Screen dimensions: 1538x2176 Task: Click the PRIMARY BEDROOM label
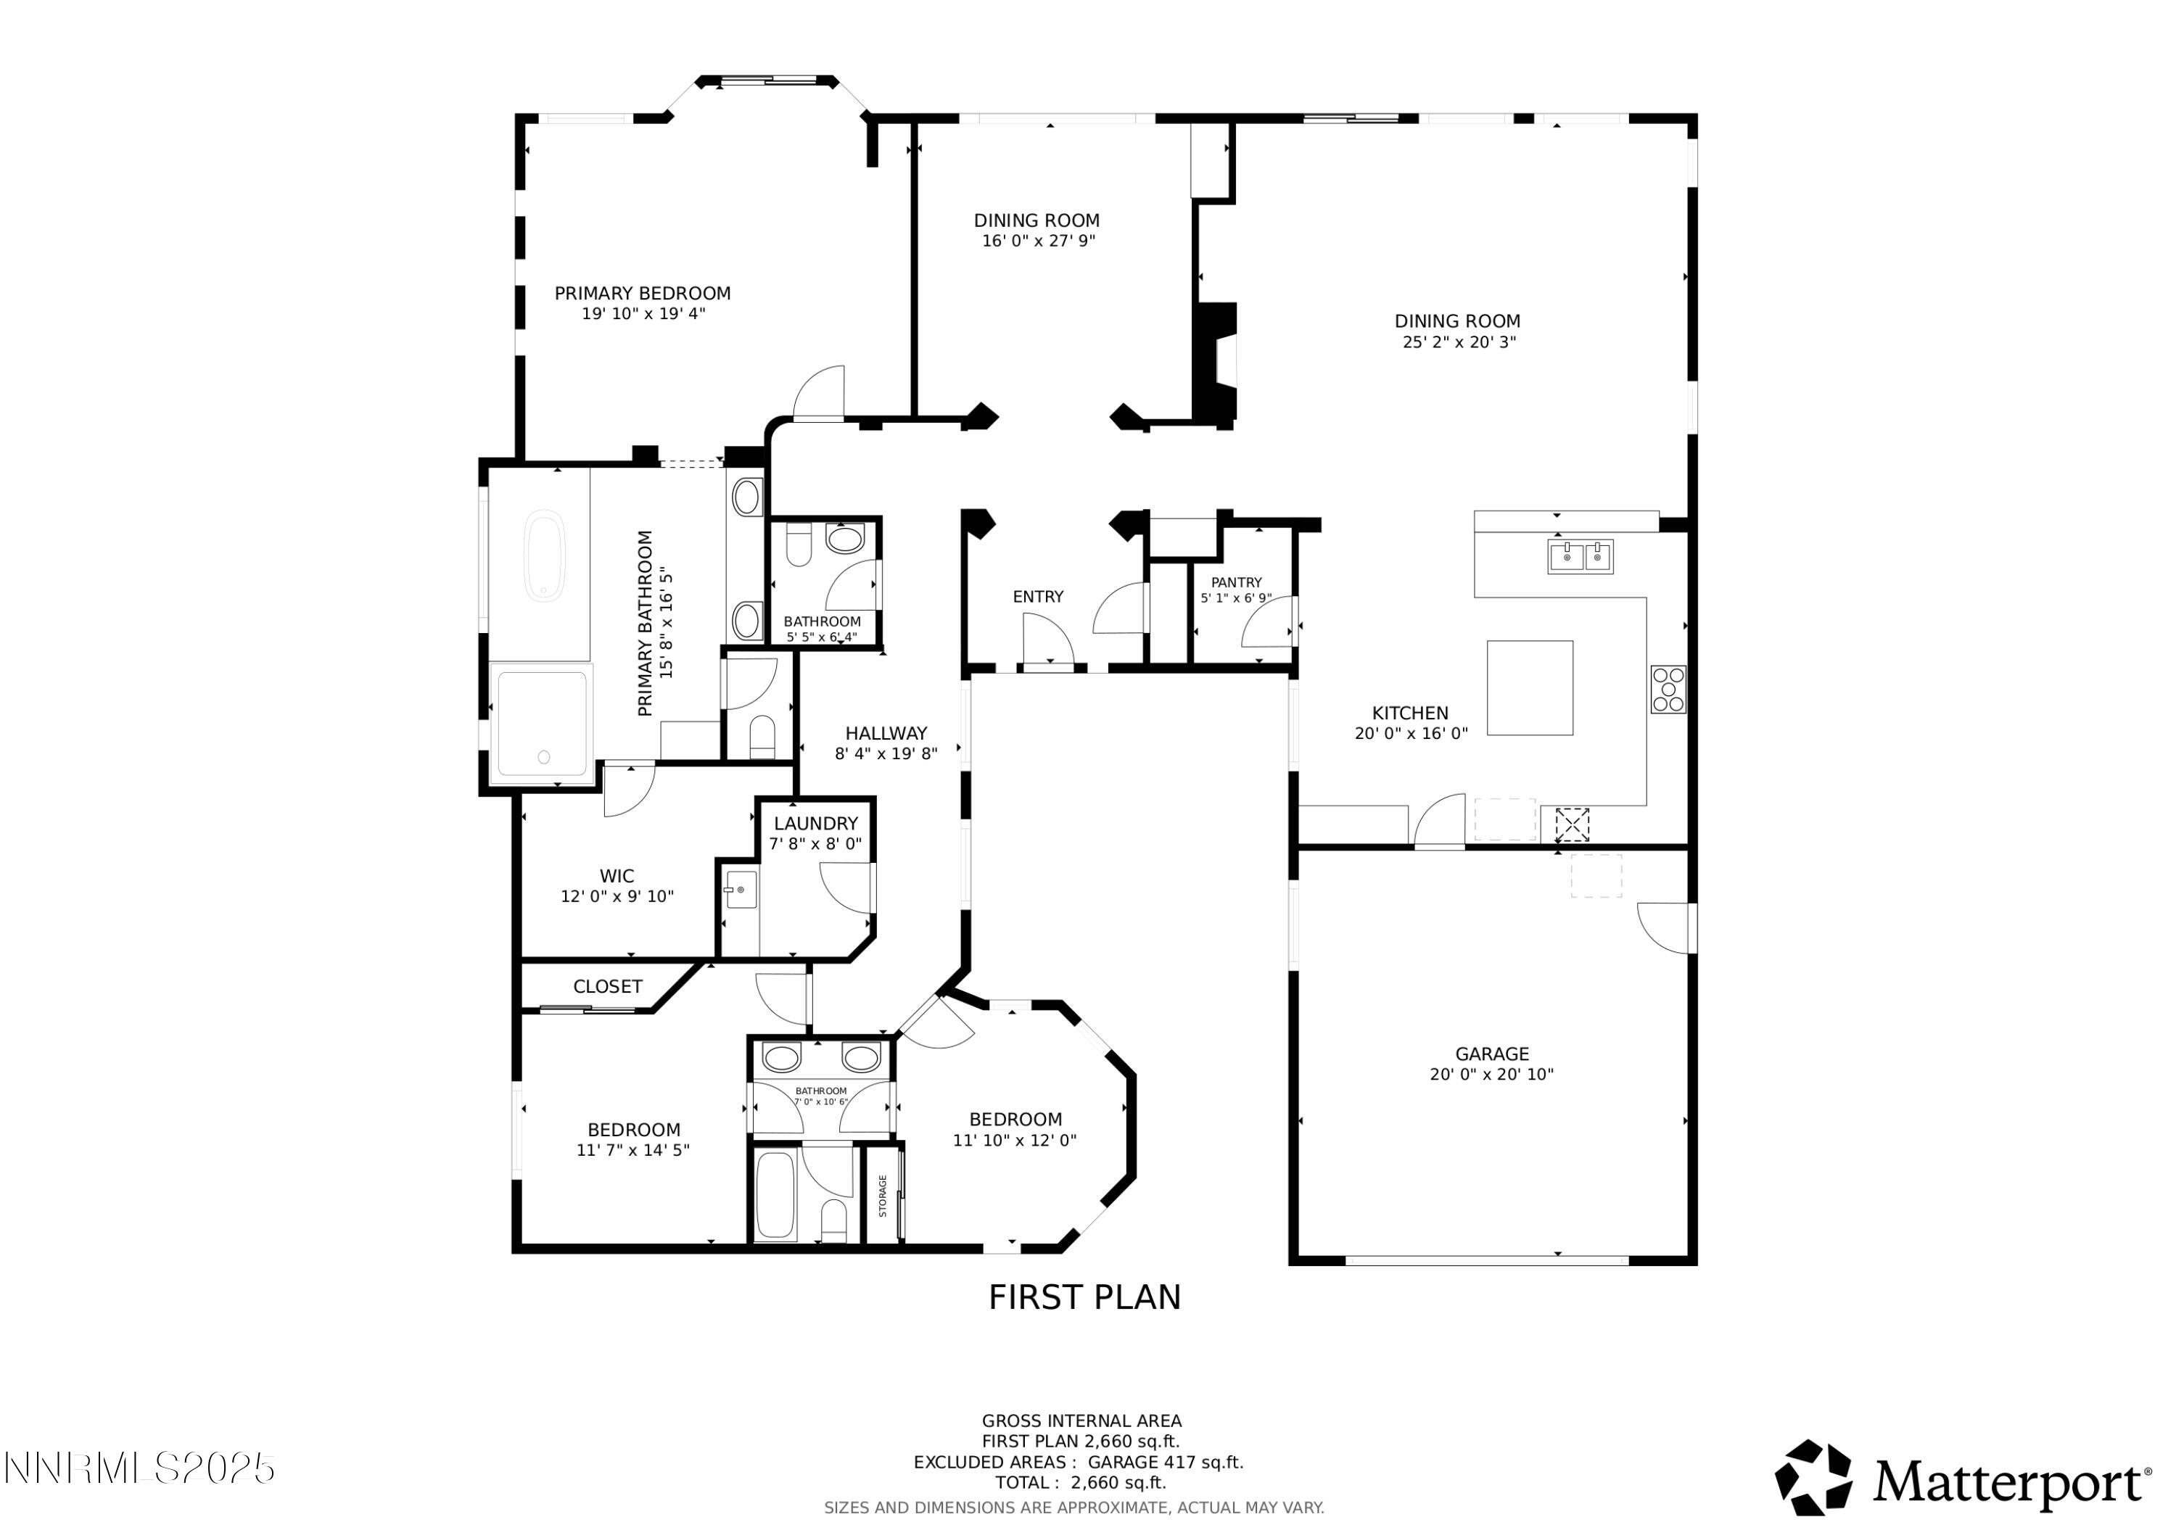(x=642, y=294)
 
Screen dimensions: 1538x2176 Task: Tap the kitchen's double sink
(x=1580, y=556)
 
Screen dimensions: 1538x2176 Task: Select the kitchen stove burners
(x=1668, y=689)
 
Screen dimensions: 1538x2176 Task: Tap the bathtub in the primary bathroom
(x=544, y=555)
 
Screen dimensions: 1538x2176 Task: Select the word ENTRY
(x=1038, y=597)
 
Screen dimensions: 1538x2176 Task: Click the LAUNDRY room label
(x=815, y=824)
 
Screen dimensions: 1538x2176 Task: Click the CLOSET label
(x=608, y=986)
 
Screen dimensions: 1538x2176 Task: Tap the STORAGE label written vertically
(x=882, y=1196)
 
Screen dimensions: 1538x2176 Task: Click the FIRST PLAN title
(x=1084, y=1297)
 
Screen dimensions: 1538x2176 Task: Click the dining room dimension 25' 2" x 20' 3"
(x=1459, y=342)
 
